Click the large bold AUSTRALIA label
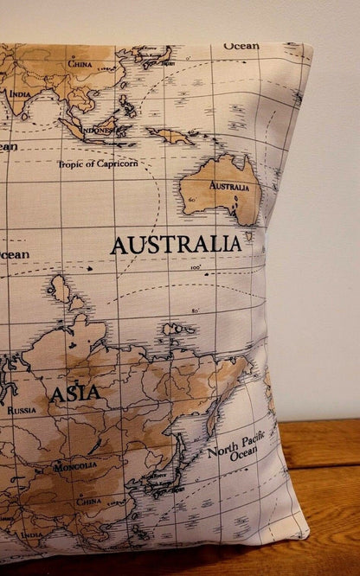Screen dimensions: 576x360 pos(176,244)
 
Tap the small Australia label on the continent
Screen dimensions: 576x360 pos(229,186)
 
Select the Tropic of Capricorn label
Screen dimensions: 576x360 pos(97,163)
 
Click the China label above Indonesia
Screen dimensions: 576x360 pos(80,63)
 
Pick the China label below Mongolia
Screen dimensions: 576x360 pos(88,501)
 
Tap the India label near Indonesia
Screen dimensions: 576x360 pos(19,93)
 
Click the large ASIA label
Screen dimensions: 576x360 pos(74,394)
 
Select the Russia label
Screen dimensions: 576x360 pos(22,411)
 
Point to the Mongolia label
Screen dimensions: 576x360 pos(75,467)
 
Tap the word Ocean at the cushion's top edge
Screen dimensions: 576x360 pos(241,46)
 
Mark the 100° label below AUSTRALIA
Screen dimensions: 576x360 pos(195,267)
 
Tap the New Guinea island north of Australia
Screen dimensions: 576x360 pos(170,136)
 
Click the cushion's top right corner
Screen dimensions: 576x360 pos(310,48)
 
